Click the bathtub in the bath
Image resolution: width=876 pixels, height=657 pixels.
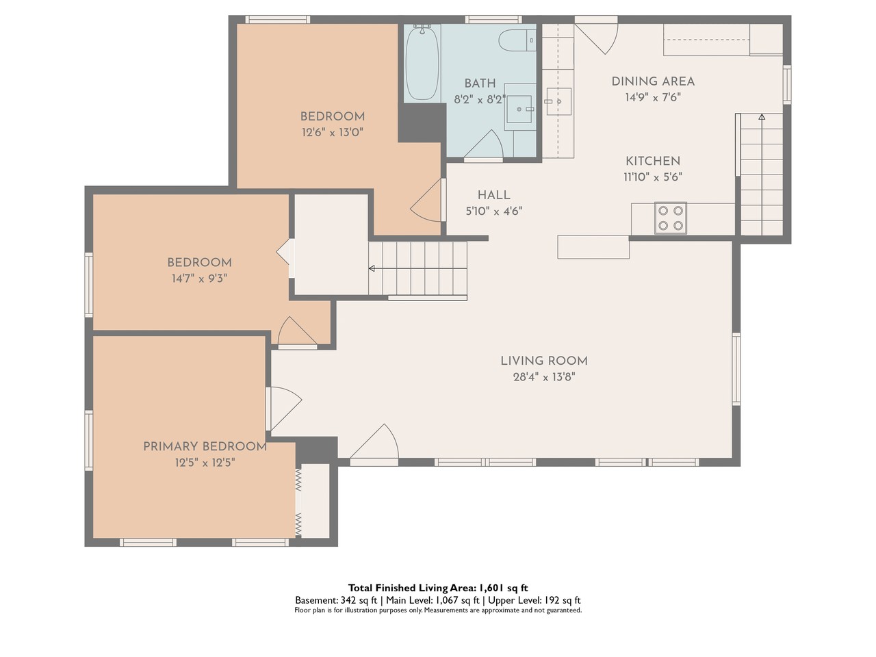tap(422, 63)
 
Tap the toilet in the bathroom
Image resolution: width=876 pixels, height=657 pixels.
tap(517, 40)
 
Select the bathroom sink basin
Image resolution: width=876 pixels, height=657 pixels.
tap(519, 109)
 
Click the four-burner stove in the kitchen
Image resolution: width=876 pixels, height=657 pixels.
tap(671, 218)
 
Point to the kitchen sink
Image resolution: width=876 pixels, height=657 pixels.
tap(558, 101)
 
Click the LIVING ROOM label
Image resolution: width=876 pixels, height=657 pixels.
tap(544, 361)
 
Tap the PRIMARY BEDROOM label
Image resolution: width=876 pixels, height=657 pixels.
tap(205, 446)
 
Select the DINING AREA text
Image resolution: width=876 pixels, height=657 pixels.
tap(653, 81)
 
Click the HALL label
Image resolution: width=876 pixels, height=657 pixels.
tap(493, 195)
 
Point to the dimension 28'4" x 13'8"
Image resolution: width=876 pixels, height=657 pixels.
tap(544, 377)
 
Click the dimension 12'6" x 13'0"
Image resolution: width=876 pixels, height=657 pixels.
tap(333, 132)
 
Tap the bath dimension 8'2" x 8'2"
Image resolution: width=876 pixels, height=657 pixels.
tap(480, 99)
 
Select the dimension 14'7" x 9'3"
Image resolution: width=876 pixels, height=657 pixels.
tap(199, 278)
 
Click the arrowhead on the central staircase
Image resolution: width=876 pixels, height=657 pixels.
tap(372, 268)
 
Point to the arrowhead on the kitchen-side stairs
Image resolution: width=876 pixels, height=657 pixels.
tap(762, 117)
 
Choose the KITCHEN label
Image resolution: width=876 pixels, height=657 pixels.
tap(653, 161)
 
